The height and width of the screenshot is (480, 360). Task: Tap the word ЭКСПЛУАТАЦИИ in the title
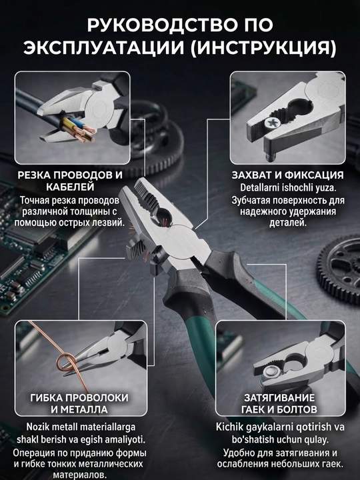click(104, 48)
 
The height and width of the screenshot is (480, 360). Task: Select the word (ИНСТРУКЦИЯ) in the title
click(263, 49)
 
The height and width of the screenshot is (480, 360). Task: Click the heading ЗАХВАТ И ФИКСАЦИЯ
click(287, 175)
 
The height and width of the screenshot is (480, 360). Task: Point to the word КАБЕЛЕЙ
click(70, 187)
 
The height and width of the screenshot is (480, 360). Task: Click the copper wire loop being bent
click(65, 363)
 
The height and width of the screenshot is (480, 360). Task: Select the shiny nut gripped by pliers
click(271, 373)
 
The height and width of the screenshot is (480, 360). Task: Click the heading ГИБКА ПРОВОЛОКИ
click(79, 397)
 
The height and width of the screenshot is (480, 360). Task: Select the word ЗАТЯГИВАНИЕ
click(279, 397)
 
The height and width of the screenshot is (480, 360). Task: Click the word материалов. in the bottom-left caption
click(80, 475)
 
